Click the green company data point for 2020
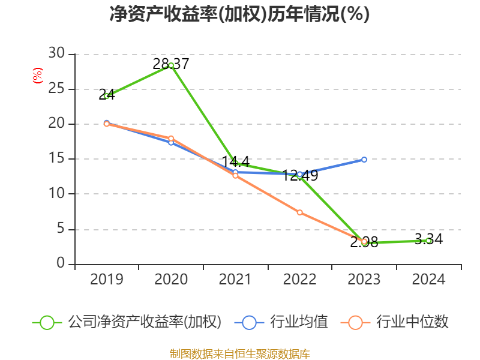(171, 65)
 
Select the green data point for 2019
(107, 96)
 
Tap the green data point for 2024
(428, 241)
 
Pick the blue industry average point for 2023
(364, 160)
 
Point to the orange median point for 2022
(299, 212)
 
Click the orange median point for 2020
(171, 139)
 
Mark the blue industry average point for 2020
(171, 143)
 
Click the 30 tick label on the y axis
(56, 54)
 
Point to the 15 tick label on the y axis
(56, 159)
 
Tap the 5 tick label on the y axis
(60, 229)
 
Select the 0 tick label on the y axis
(60, 264)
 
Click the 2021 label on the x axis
(235, 280)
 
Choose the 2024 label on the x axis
(428, 280)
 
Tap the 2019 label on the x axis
(107, 280)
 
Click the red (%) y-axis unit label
(38, 76)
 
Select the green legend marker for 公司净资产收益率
(47, 322)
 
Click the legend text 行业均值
(299, 322)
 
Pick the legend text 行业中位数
(412, 322)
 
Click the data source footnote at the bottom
(239, 353)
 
